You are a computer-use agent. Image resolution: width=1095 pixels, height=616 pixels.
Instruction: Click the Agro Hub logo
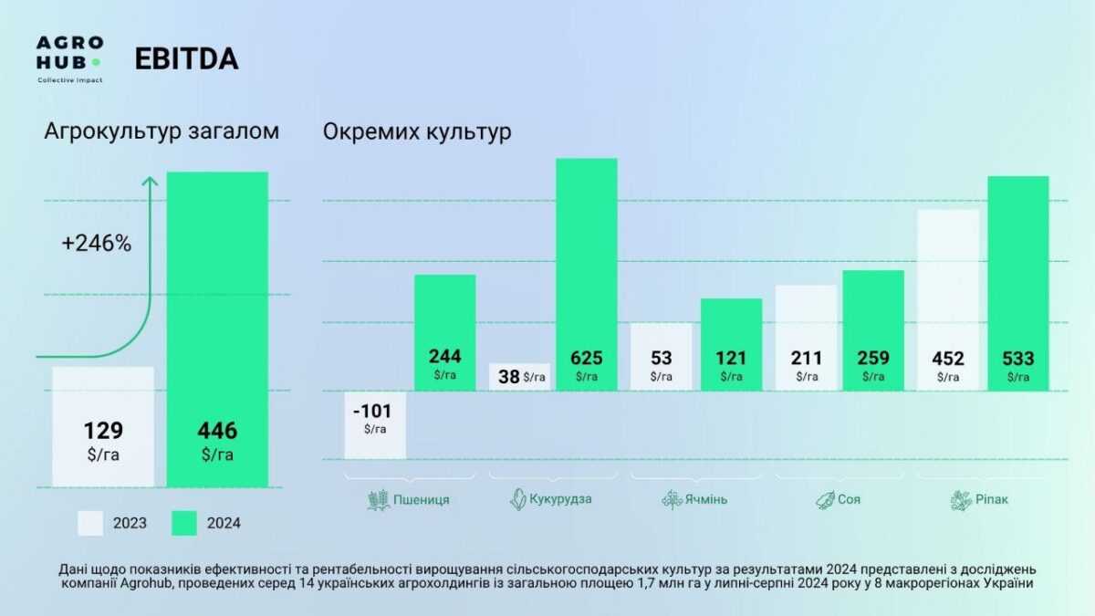click(x=69, y=57)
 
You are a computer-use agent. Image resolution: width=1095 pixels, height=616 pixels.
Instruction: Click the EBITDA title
click(x=186, y=58)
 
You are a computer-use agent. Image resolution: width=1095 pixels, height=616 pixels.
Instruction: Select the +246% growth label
click(x=97, y=244)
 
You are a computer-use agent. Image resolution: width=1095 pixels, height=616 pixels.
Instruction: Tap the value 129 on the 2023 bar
click(x=103, y=431)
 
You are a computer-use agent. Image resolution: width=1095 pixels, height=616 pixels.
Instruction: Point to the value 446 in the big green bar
click(x=217, y=431)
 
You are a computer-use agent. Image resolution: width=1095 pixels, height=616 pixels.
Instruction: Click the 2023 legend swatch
click(x=89, y=523)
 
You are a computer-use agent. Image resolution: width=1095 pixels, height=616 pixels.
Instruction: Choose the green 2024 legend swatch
click(x=184, y=523)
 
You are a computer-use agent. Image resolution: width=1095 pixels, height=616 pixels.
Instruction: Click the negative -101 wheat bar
click(x=375, y=424)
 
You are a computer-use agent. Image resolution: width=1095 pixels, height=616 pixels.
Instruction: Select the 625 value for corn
click(x=587, y=358)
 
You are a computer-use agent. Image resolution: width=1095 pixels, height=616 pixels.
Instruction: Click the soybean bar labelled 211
click(x=807, y=338)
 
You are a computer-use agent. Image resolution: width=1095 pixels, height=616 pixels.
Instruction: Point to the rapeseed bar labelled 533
click(x=1018, y=283)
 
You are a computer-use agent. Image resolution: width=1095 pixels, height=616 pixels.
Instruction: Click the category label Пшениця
click(x=421, y=499)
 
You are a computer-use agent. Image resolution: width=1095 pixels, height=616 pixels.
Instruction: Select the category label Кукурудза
click(x=560, y=499)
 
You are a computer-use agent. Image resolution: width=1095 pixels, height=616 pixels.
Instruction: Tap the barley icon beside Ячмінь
click(x=673, y=499)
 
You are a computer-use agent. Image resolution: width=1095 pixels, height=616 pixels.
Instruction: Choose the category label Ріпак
click(x=990, y=499)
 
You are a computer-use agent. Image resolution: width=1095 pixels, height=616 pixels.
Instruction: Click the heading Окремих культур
click(x=417, y=132)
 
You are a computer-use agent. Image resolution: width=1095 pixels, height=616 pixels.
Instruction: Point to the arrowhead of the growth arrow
click(x=151, y=181)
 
